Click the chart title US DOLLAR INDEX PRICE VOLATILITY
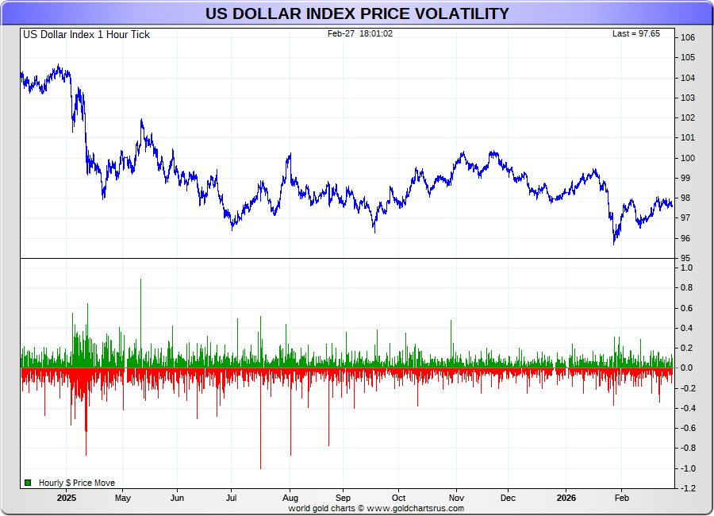click(x=357, y=13)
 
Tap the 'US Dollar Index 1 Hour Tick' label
click(x=86, y=34)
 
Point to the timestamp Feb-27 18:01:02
click(x=360, y=33)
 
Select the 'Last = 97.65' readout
click(x=636, y=33)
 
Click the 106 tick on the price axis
click(x=687, y=38)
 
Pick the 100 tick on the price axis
click(x=687, y=158)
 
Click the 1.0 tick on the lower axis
click(x=687, y=268)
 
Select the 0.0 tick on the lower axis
click(x=687, y=368)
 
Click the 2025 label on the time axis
click(x=67, y=499)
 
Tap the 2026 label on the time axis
click(x=566, y=499)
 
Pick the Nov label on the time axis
click(x=456, y=499)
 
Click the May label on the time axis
click(x=122, y=499)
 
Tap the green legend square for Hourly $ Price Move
click(x=28, y=483)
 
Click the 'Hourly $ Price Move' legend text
click(x=76, y=483)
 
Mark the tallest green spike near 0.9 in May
click(x=140, y=279)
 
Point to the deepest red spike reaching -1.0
click(x=260, y=467)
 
